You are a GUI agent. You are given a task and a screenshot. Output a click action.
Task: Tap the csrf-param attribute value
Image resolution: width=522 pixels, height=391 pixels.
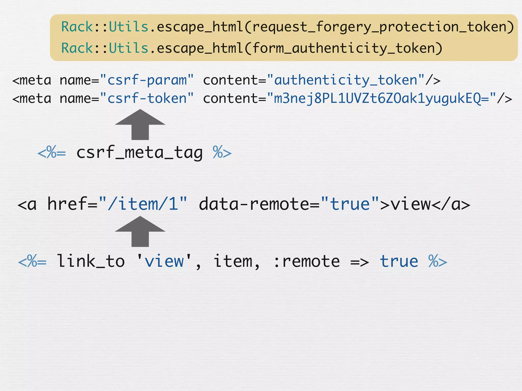[x=147, y=80]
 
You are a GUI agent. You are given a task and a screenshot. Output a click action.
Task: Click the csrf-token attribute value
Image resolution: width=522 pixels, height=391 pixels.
[x=147, y=99]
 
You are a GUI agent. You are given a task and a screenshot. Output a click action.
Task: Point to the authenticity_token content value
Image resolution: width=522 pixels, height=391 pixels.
[x=346, y=80]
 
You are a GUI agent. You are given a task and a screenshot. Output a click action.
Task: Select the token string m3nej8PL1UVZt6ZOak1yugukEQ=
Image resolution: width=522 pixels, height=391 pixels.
[x=381, y=99]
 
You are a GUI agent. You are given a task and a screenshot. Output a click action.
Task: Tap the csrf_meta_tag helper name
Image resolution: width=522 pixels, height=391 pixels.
[x=139, y=153]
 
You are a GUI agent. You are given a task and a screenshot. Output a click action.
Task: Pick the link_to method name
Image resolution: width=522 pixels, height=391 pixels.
[x=91, y=261]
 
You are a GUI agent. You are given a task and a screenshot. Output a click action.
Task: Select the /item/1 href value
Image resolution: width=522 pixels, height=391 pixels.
[x=143, y=204]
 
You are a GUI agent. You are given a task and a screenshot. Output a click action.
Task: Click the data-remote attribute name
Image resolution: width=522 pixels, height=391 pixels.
[x=254, y=204]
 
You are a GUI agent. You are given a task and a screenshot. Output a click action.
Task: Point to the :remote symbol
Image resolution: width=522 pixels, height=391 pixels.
[x=306, y=262]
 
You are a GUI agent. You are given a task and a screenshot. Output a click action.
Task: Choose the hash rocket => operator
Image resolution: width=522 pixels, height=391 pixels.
[x=359, y=262]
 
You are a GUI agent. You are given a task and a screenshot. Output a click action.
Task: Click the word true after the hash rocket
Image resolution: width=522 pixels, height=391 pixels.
[x=399, y=262]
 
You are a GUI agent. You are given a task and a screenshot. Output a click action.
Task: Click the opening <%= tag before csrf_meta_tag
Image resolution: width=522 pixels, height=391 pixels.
[x=52, y=153]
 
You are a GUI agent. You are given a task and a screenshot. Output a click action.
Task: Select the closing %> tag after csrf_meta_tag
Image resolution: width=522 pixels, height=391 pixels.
[x=222, y=153]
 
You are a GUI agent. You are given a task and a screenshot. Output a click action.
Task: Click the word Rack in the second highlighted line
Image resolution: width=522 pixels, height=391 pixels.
[x=77, y=48]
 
